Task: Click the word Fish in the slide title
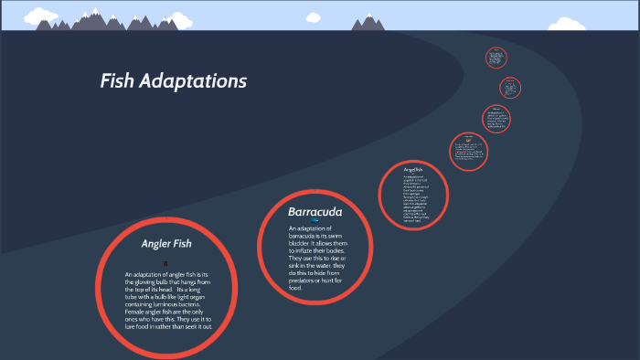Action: (x=117, y=81)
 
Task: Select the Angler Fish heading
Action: (x=166, y=244)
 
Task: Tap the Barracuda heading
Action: (x=315, y=212)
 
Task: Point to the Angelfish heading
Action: (x=412, y=170)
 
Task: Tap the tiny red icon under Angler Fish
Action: (x=165, y=263)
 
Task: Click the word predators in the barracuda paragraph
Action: (x=305, y=280)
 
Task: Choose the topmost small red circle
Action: (x=496, y=57)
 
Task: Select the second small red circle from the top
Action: (x=510, y=88)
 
